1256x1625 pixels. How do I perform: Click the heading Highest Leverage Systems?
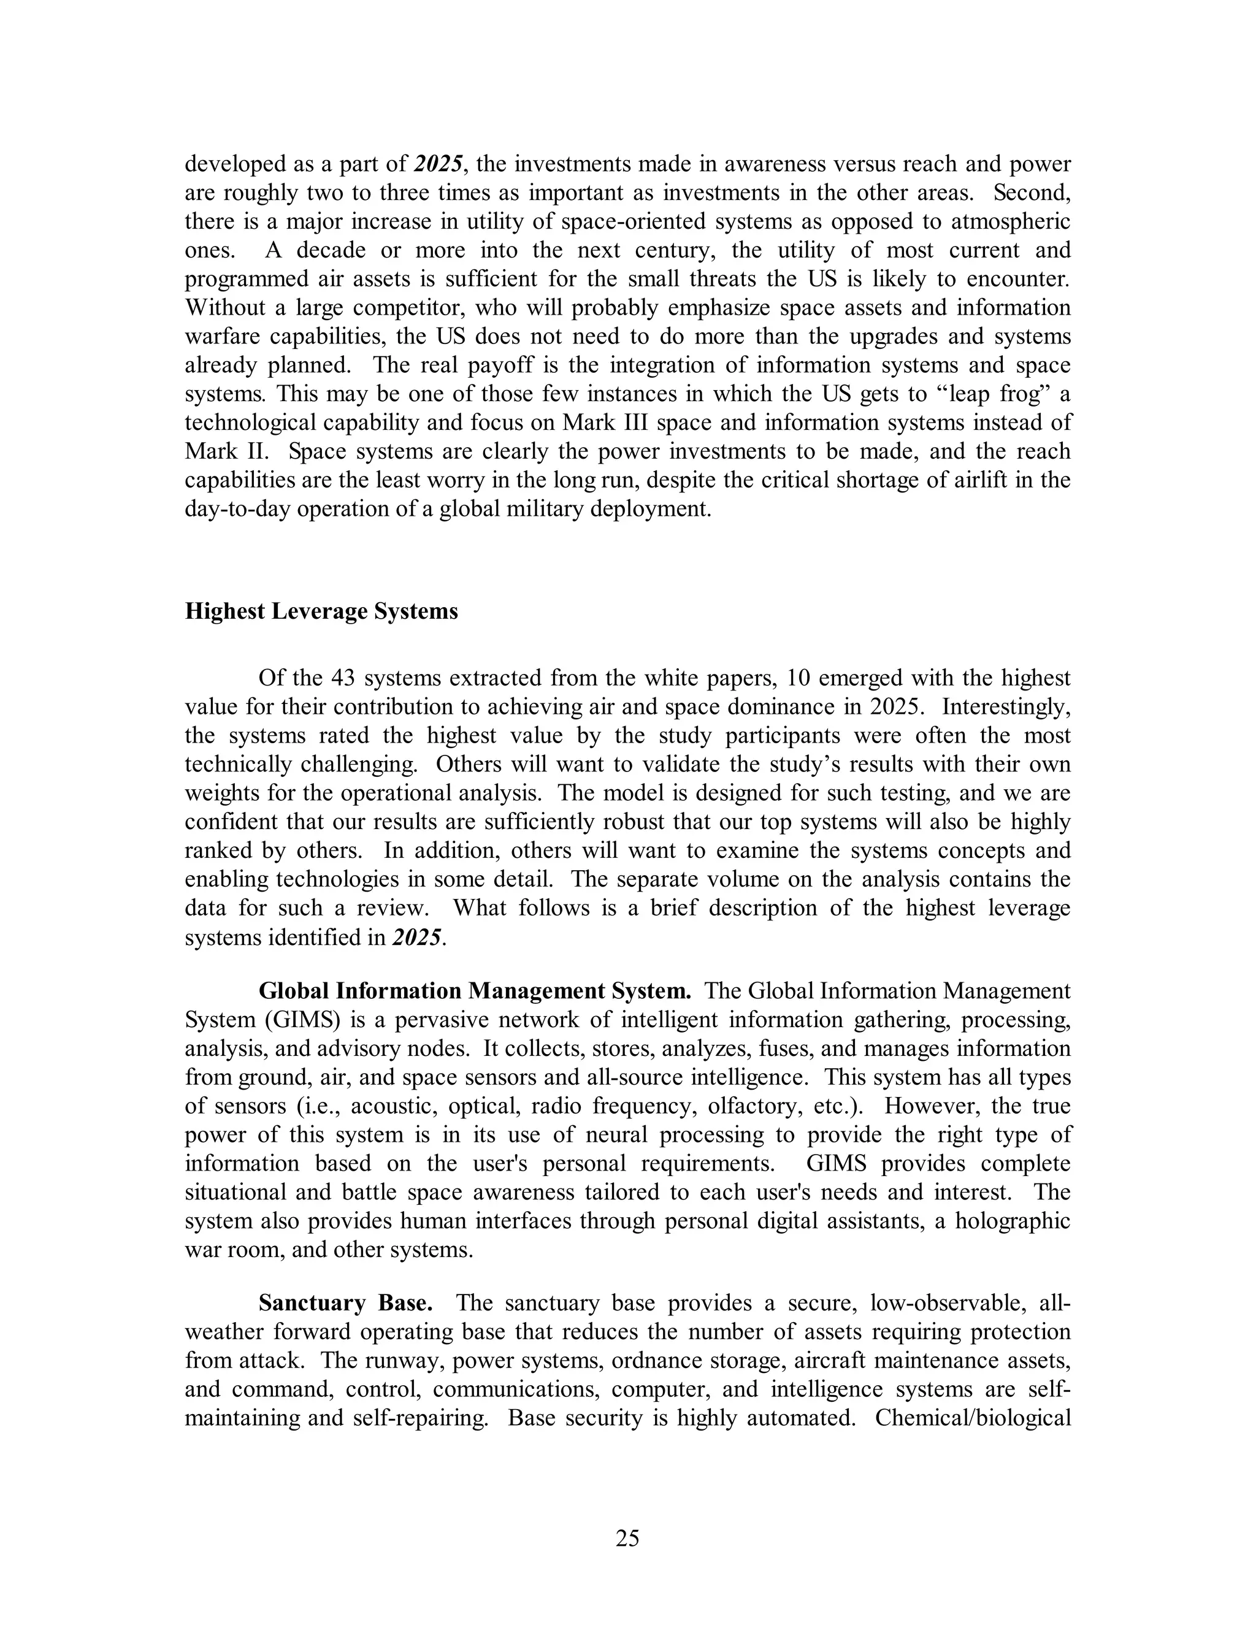tap(321, 611)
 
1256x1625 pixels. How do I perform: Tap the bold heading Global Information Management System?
tap(475, 991)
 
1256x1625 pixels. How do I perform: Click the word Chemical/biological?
tap(973, 1418)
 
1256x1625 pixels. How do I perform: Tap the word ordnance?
tap(649, 1361)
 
